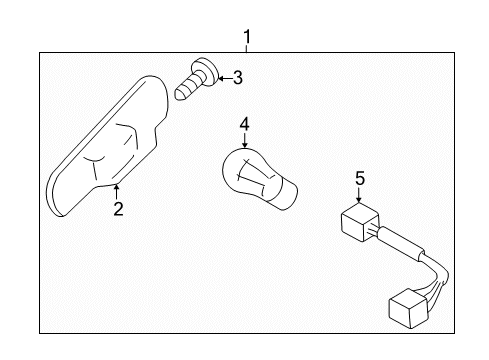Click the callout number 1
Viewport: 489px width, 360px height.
pyautogui.click(x=247, y=39)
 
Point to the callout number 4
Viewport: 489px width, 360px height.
pyautogui.click(x=243, y=125)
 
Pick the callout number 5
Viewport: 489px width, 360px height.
pyautogui.click(x=358, y=179)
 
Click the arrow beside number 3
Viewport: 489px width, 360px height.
pyautogui.click(x=222, y=76)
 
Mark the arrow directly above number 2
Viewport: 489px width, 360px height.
pyautogui.click(x=118, y=190)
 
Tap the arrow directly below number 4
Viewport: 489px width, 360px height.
pyautogui.click(x=243, y=142)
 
